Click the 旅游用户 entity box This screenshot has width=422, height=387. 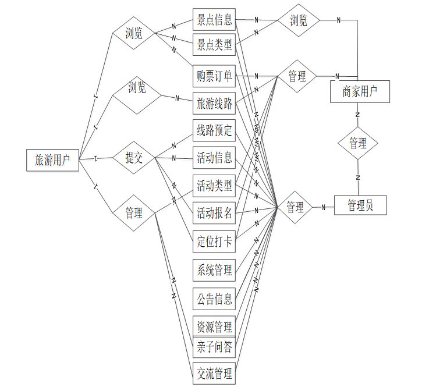[52, 160]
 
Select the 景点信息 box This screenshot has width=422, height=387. [214, 20]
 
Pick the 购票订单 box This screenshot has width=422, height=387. [214, 76]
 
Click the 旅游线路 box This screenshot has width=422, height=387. [214, 104]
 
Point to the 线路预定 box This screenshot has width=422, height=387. [214, 131]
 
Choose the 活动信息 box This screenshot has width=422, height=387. [214, 158]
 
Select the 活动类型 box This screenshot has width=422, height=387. [214, 186]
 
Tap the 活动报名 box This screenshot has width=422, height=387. [214, 213]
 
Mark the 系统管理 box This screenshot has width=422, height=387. [214, 270]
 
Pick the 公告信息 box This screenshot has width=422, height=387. [214, 299]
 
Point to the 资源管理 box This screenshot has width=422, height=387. [214, 326]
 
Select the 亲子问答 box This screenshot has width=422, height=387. [214, 347]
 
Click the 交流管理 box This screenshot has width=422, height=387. [214, 372]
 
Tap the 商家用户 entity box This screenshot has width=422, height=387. [359, 91]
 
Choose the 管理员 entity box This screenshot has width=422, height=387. [360, 205]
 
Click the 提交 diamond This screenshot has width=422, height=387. [134, 158]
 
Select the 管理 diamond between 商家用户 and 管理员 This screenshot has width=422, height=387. [358, 143]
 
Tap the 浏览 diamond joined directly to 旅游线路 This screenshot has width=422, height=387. [137, 88]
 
